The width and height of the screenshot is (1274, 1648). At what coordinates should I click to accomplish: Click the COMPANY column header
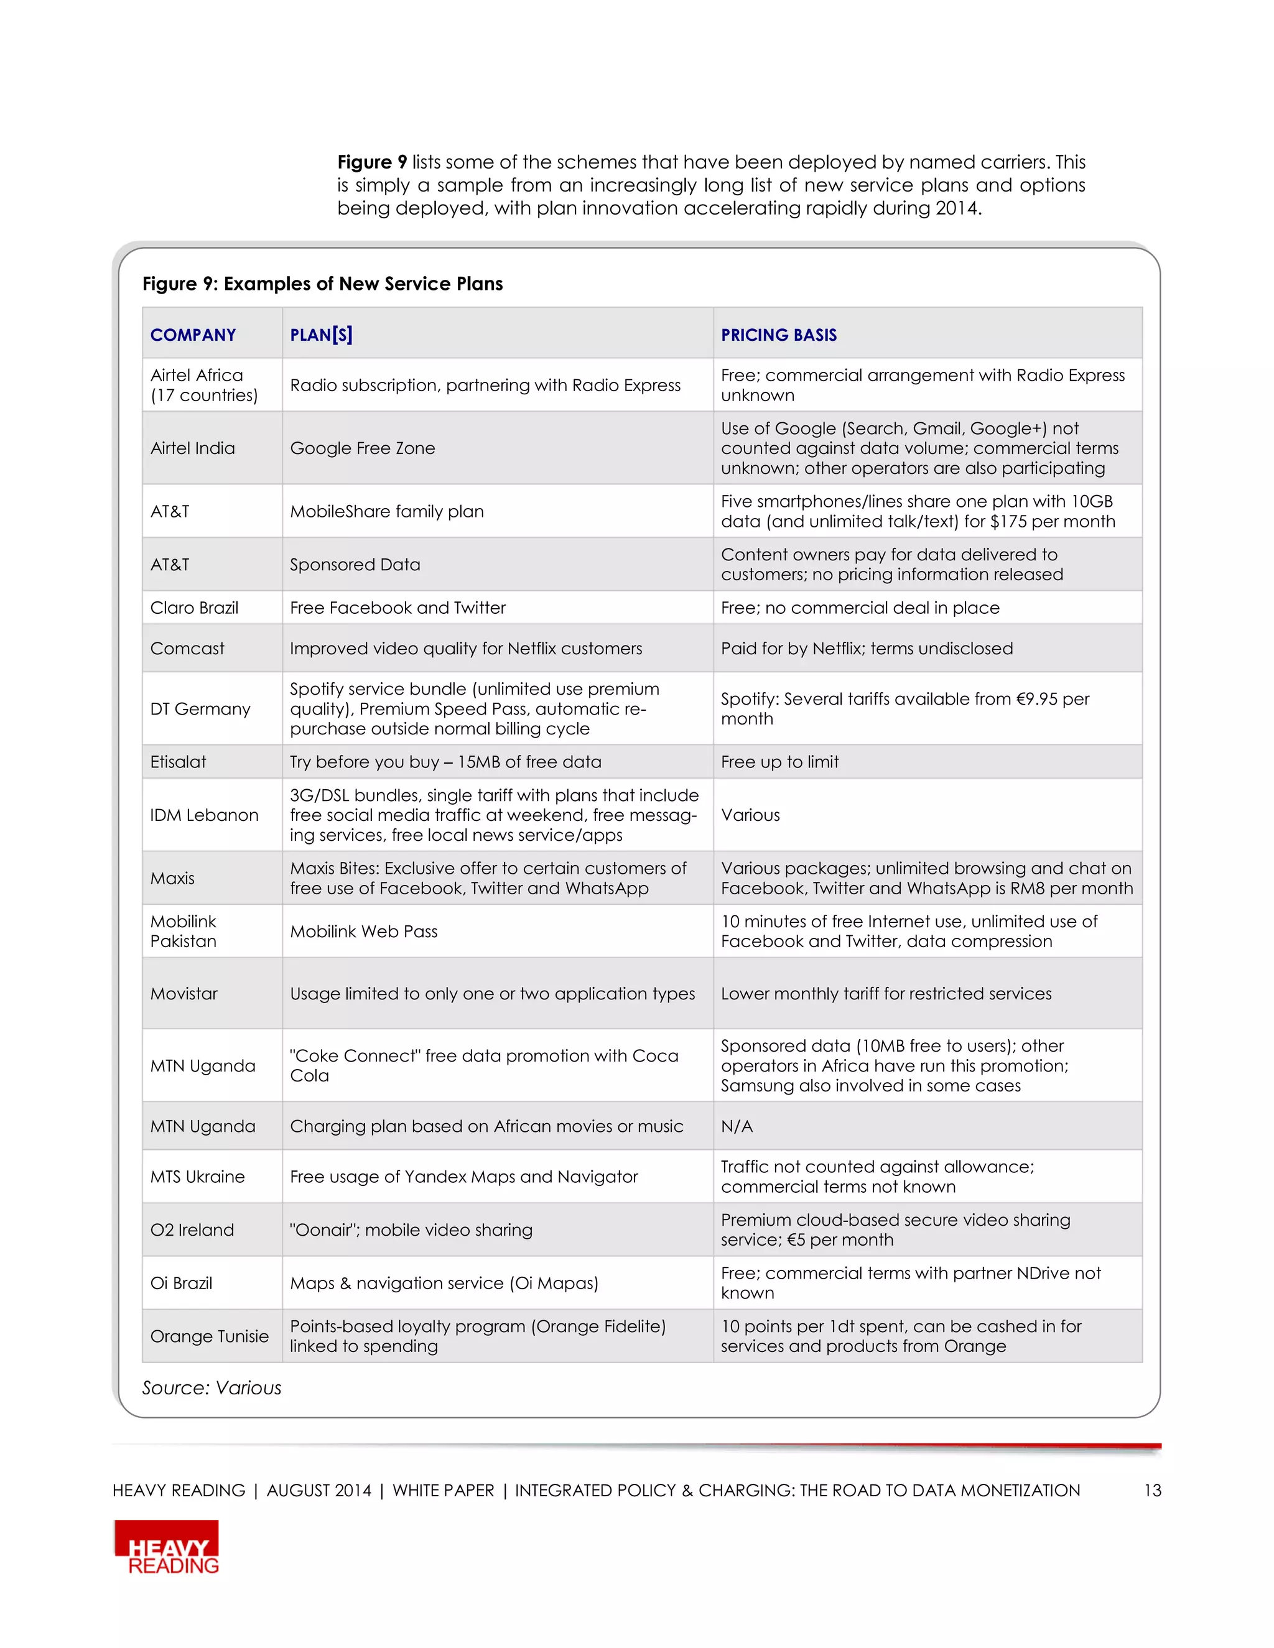pyautogui.click(x=193, y=335)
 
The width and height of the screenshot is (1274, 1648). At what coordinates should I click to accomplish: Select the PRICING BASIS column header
pyautogui.click(x=778, y=335)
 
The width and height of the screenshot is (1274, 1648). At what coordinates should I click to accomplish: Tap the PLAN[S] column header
pyautogui.click(x=321, y=335)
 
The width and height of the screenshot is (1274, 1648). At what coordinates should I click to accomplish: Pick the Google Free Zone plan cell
pyautogui.click(x=362, y=448)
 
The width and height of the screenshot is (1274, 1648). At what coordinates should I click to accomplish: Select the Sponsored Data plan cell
pyautogui.click(x=355, y=565)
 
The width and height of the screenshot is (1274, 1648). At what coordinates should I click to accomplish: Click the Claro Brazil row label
pyautogui.click(x=194, y=608)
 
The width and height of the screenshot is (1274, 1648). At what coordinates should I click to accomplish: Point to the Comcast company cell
pyautogui.click(x=187, y=649)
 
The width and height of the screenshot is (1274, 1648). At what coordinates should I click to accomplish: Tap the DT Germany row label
pyautogui.click(x=200, y=710)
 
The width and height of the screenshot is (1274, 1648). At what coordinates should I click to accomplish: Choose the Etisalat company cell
pyautogui.click(x=178, y=762)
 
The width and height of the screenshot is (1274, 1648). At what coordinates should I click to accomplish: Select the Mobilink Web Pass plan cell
pyautogui.click(x=364, y=932)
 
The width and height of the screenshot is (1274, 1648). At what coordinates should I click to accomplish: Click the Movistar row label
pyautogui.click(x=184, y=994)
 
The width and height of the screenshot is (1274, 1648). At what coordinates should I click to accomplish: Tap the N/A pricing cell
pyautogui.click(x=737, y=1127)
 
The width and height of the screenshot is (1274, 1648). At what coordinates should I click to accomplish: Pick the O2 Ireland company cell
pyautogui.click(x=192, y=1230)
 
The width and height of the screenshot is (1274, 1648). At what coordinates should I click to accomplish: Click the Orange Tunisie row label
pyautogui.click(x=209, y=1336)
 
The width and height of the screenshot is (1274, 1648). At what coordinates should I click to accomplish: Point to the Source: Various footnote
pyautogui.click(x=212, y=1389)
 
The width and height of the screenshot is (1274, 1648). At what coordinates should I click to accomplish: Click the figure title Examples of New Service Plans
pyautogui.click(x=322, y=284)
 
